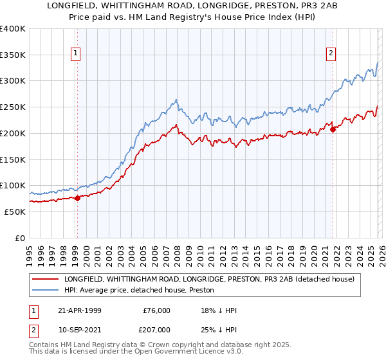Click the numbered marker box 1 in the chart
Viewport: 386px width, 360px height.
point(77,53)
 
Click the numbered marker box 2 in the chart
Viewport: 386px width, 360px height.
point(331,53)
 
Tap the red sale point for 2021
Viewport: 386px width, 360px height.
point(333,129)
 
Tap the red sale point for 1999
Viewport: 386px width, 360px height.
point(77,198)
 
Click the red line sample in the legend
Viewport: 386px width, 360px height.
point(46,279)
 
